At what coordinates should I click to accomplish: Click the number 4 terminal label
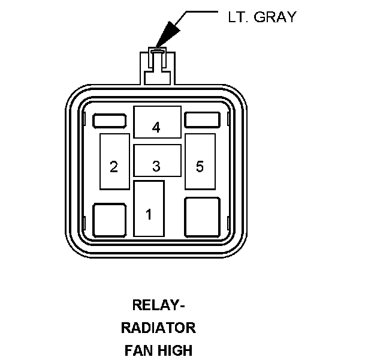[156, 127]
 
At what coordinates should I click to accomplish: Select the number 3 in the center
[156, 166]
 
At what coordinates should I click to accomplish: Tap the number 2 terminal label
[114, 167]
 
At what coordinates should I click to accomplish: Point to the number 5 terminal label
[200, 166]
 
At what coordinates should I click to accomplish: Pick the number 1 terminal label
[149, 214]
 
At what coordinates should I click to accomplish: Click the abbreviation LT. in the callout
[238, 17]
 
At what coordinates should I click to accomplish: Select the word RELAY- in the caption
[159, 305]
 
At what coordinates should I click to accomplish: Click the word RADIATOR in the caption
[158, 328]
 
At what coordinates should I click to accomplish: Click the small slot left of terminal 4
[110, 121]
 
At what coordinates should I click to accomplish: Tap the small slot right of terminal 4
[202, 119]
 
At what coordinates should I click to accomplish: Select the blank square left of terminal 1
[110, 220]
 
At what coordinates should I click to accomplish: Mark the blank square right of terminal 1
[202, 217]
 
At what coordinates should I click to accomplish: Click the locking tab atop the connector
[158, 66]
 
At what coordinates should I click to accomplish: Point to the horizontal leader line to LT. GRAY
[202, 11]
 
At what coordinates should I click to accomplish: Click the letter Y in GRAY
[291, 17]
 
